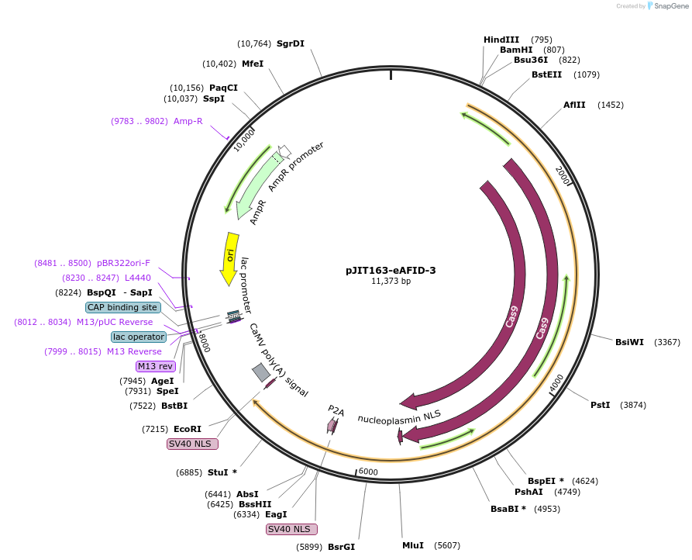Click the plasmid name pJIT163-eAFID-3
pos(391,270)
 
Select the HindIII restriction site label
pos(501,40)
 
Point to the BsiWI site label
pos(629,342)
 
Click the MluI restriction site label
pos(413,545)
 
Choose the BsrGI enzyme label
pos(341,547)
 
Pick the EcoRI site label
pos(187,429)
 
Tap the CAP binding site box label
pos(123,307)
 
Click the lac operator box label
pos(139,337)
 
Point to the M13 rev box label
pos(156,366)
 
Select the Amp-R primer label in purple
pos(188,121)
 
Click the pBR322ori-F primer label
pos(123,263)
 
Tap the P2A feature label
pos(336,409)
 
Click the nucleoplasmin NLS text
pos(399,417)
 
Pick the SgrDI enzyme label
pos(291,43)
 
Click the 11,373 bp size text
pos(391,281)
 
